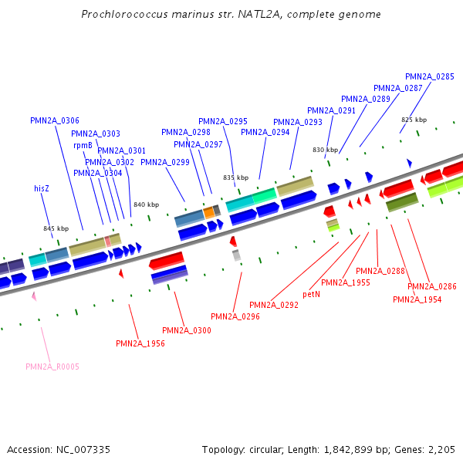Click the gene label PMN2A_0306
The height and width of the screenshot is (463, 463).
55,120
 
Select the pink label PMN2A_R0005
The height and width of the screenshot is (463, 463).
52,367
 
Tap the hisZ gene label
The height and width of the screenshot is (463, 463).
42,188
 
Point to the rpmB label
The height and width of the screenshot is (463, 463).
83,145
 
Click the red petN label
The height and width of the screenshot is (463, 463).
311,294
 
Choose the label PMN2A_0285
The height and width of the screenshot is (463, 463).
430,76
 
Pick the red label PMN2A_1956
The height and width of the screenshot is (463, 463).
140,343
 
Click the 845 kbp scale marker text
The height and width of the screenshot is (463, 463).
56,228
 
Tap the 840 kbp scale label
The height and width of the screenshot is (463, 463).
146,204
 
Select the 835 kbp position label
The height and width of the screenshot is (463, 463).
236,177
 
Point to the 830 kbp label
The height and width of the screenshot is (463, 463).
325,150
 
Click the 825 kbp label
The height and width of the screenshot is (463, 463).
414,120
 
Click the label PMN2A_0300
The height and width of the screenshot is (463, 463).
187,330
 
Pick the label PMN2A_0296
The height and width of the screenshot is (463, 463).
235,316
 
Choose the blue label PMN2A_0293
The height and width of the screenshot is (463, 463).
298,122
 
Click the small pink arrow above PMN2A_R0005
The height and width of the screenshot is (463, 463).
34,296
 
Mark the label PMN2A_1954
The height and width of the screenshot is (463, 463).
417,299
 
